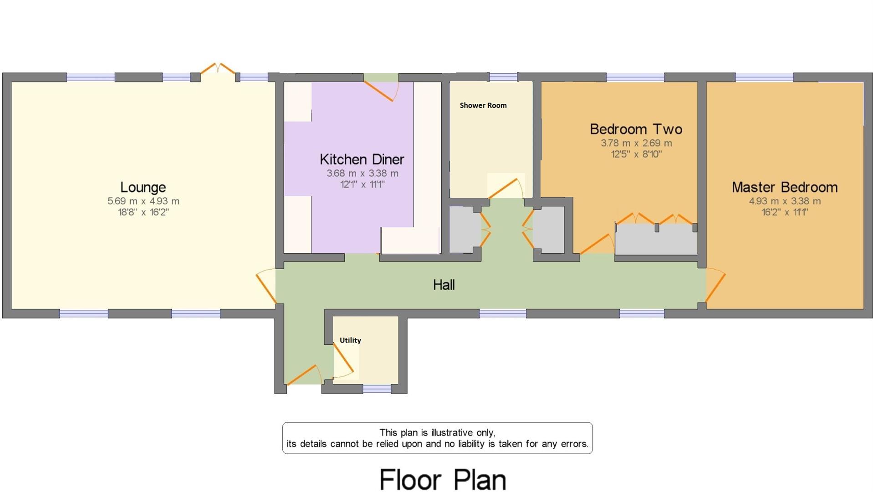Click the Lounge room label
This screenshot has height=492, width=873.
(x=143, y=187)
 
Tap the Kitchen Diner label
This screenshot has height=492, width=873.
(x=362, y=159)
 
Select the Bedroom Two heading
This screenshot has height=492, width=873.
(x=636, y=129)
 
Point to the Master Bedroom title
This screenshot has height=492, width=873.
(x=784, y=187)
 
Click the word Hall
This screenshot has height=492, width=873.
(x=444, y=285)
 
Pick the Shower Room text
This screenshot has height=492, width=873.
(x=483, y=105)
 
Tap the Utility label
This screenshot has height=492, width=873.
(x=350, y=340)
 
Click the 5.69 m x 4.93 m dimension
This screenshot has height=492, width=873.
(x=143, y=201)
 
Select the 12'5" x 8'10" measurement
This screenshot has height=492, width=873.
(x=636, y=154)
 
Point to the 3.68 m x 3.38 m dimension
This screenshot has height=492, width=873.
(x=362, y=173)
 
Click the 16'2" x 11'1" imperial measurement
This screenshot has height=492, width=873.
(x=784, y=212)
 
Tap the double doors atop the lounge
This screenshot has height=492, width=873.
(x=218, y=69)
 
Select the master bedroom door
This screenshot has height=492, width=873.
(x=715, y=286)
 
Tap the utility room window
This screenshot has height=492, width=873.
(x=377, y=389)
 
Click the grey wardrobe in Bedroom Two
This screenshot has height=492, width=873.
(x=656, y=240)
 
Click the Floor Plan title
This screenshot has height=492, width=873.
(x=442, y=479)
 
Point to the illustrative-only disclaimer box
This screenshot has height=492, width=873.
(x=437, y=438)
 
